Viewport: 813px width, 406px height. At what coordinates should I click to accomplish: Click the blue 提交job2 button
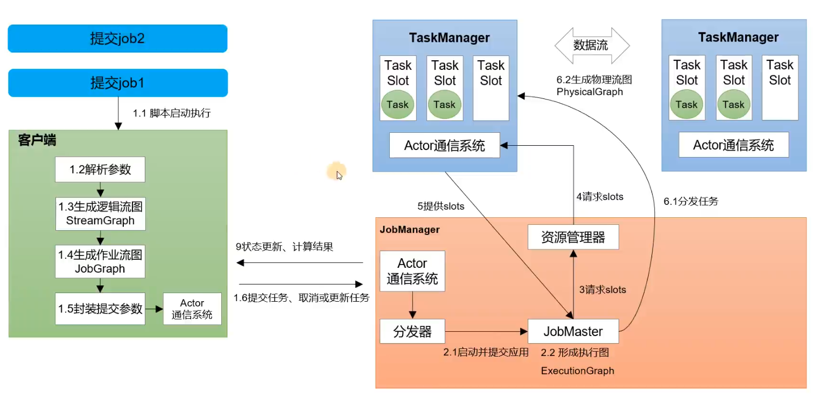click(x=117, y=39)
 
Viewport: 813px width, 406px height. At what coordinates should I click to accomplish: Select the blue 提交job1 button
click(x=117, y=83)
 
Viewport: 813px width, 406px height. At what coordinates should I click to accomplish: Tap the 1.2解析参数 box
click(x=100, y=169)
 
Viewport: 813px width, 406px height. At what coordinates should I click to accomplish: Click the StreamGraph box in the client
click(x=100, y=213)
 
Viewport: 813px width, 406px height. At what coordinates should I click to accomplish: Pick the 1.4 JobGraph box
click(x=100, y=261)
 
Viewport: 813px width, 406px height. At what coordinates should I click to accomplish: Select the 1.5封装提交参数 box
click(x=100, y=309)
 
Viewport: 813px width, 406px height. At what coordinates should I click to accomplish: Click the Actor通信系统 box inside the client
click(x=192, y=309)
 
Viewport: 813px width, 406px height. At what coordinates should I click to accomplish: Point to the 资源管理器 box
click(x=573, y=237)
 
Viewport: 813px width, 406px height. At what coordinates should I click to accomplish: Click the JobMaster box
click(x=573, y=331)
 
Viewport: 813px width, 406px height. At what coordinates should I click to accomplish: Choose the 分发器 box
click(x=412, y=332)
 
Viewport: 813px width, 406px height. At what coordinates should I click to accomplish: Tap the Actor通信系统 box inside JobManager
click(x=412, y=271)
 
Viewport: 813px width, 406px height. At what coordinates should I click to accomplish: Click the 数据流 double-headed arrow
click(x=591, y=46)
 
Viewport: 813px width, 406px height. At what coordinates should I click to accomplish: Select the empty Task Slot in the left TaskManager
click(x=491, y=88)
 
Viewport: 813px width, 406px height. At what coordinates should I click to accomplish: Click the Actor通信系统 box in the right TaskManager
click(x=733, y=145)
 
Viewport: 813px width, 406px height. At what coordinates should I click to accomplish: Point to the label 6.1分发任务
click(x=691, y=202)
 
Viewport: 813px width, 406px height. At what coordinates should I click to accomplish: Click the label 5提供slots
click(x=440, y=205)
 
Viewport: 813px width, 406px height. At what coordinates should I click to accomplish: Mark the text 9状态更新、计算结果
click(x=284, y=247)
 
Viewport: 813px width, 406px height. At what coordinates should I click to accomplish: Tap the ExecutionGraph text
click(x=577, y=371)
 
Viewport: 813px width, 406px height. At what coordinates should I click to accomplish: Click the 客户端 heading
click(x=37, y=141)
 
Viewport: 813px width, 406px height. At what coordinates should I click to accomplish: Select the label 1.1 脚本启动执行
click(x=172, y=113)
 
